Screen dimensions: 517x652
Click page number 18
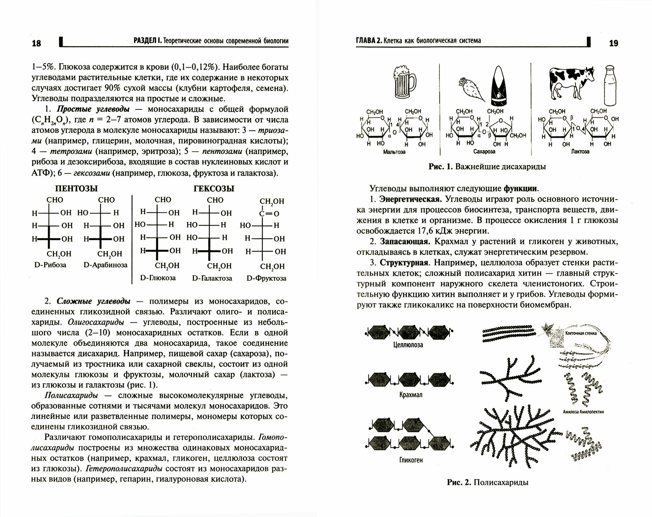coord(36,43)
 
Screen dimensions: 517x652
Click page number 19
coord(614,43)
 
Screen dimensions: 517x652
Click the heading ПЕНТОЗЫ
coord(76,189)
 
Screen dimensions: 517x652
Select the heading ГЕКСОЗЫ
coord(214,189)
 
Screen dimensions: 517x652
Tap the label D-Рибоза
coord(50,265)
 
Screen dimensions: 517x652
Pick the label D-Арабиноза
coord(105,265)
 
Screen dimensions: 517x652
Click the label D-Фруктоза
coord(266,278)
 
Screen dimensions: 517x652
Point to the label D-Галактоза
coord(212,278)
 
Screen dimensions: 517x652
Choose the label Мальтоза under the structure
coord(394,152)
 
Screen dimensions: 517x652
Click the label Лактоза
coord(580,151)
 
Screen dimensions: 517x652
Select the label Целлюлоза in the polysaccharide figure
coord(408,345)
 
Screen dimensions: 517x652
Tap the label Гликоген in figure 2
coord(411,460)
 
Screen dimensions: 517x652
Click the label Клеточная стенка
coord(581,333)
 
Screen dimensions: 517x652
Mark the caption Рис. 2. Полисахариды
coord(487,482)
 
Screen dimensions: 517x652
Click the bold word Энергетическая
coord(411,199)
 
